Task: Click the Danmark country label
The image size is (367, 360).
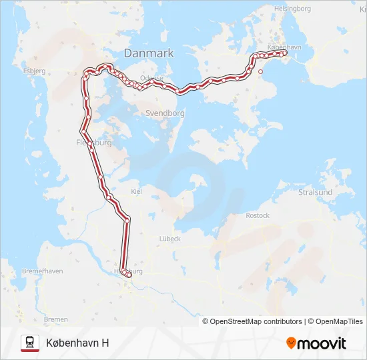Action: point(148,53)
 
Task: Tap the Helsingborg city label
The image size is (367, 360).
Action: point(292,9)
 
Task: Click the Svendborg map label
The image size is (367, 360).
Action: point(165,113)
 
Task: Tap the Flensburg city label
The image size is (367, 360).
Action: point(93,143)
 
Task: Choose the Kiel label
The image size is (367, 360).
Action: point(137,191)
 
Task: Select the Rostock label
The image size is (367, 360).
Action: point(258,215)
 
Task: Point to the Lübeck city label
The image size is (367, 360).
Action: point(169,238)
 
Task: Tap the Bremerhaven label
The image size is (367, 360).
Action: point(42,271)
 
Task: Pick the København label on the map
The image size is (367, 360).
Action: point(285,47)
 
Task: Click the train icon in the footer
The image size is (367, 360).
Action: point(30,343)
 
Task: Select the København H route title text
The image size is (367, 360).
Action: point(77,343)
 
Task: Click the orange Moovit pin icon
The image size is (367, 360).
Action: point(291,343)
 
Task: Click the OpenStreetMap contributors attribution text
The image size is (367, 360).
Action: point(256,321)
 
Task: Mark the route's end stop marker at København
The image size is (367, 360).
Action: point(285,54)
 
